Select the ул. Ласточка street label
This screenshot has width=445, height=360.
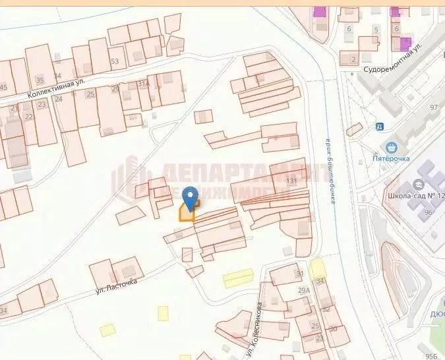click(x=116, y=285)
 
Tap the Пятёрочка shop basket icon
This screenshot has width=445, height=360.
click(x=394, y=147)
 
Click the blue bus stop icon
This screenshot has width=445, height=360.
click(x=379, y=127)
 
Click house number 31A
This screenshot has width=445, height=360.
click(x=142, y=84)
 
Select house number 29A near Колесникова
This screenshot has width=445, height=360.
click(x=303, y=290)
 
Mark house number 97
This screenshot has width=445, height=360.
click(x=433, y=107)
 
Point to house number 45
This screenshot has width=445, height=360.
click(x=3, y=88)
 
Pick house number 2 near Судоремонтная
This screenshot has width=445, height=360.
click(x=353, y=59)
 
